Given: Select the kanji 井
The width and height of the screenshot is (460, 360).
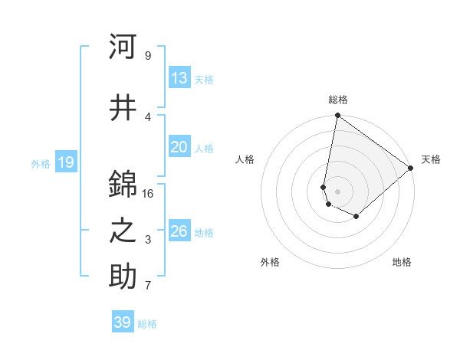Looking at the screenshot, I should (x=123, y=108).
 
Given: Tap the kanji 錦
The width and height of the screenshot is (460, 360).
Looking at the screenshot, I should (x=123, y=185).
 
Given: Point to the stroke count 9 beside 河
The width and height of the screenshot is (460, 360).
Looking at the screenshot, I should (x=148, y=56).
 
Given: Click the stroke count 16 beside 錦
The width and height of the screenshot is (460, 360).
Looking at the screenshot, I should (x=148, y=194).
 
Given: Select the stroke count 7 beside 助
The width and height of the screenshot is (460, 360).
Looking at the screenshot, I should (x=148, y=286).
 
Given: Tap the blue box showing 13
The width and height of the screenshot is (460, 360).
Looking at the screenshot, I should (x=179, y=78).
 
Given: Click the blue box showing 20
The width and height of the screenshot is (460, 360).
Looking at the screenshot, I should (x=179, y=147).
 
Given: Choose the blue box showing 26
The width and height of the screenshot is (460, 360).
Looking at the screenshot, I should (x=179, y=231).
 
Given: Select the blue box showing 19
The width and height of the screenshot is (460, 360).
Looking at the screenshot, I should (x=65, y=162).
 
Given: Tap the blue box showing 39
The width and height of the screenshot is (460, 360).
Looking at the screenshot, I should (x=123, y=322).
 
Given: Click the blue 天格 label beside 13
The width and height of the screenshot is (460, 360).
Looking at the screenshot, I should (x=204, y=79).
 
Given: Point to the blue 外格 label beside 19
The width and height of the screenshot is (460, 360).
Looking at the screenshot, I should (x=41, y=163).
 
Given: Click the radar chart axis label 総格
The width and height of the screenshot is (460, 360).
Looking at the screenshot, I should (x=338, y=100).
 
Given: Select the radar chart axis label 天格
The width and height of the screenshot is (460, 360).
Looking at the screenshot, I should (x=431, y=159).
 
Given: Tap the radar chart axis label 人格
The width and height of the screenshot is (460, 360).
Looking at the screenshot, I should (x=245, y=159).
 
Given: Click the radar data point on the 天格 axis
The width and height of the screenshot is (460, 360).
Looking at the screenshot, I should (x=411, y=167).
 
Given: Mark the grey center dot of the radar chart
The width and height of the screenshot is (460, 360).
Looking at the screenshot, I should (x=338, y=191).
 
